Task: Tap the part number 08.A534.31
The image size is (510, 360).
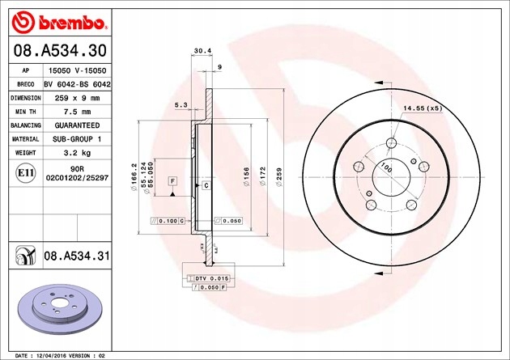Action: (75, 256)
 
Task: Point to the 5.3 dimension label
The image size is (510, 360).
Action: (181, 104)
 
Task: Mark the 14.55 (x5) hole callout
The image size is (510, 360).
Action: (422, 108)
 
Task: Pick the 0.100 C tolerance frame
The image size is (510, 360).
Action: (168, 221)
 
